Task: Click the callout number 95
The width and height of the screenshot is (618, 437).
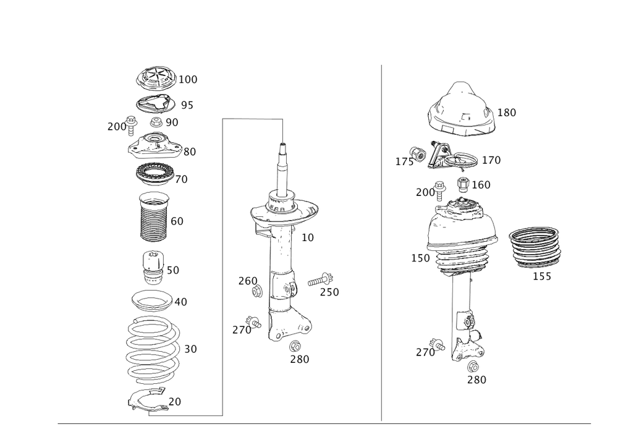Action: [x=187, y=106]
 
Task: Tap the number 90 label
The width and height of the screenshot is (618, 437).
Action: [x=171, y=122]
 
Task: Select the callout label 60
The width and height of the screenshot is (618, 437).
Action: [x=176, y=221]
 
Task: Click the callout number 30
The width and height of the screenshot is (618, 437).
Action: [x=190, y=349]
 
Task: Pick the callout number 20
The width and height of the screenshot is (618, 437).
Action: [x=175, y=401]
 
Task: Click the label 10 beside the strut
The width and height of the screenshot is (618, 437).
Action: [x=307, y=237]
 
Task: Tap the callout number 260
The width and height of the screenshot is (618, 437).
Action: [x=247, y=281]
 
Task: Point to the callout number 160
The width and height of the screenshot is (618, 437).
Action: [x=481, y=184]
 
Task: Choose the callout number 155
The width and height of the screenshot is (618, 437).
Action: [x=542, y=276]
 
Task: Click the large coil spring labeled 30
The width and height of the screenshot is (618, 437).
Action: [x=151, y=349]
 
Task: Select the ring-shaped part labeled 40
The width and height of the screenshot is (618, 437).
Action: [x=151, y=301]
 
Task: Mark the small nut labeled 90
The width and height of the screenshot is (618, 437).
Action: [x=156, y=122]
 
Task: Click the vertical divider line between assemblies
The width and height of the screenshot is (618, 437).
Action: [x=381, y=241]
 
